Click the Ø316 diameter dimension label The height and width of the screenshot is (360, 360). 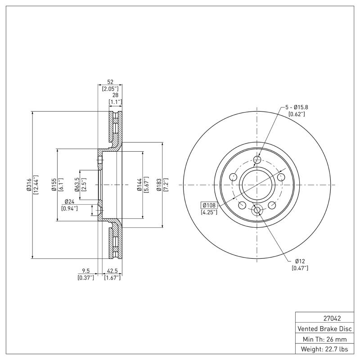29,185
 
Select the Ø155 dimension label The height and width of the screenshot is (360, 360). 53,185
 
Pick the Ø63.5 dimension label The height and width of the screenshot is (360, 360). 77,185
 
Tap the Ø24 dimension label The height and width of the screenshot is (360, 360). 69,201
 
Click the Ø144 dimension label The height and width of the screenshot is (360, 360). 139,185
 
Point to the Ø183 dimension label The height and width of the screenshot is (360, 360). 158,185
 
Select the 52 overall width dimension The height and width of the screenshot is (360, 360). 110,82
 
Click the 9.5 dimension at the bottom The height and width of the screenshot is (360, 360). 85,271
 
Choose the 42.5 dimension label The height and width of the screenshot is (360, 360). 112,271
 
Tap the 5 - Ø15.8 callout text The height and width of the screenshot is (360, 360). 297,107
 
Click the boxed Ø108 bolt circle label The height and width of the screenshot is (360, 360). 209,205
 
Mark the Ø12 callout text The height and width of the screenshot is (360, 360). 301,261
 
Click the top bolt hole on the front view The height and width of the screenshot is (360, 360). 257,160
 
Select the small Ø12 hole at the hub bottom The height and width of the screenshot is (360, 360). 257,210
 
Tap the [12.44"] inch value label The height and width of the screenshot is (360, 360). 36,185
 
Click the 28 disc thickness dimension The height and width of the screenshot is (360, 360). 115,95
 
